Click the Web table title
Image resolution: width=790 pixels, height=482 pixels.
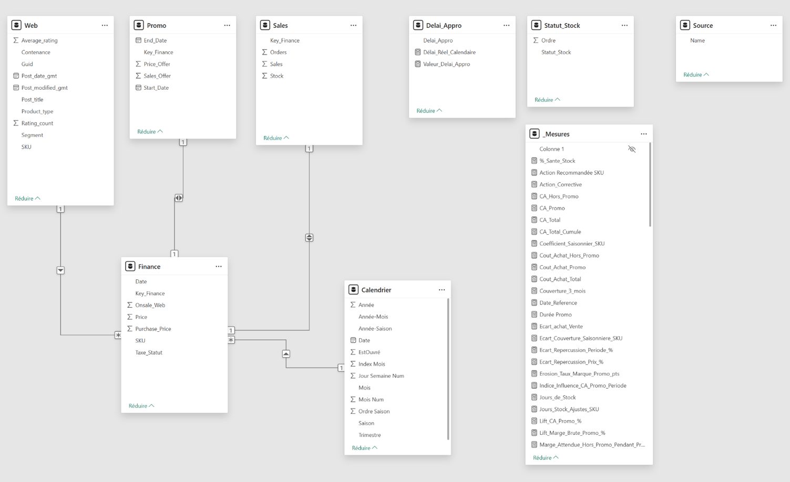31,25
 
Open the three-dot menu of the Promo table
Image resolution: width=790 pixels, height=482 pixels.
227,25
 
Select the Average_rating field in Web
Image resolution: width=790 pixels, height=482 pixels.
39,40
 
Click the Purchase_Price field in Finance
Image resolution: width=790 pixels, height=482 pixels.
153,329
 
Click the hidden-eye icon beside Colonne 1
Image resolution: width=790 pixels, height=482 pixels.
632,149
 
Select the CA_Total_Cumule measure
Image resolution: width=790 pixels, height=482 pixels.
560,232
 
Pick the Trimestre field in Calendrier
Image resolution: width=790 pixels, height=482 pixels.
370,435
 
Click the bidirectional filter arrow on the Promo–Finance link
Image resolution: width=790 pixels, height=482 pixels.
179,198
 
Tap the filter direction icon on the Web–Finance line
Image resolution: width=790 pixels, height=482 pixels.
60,270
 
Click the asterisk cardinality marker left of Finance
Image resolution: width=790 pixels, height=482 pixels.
118,335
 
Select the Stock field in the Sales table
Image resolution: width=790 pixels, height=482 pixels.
276,76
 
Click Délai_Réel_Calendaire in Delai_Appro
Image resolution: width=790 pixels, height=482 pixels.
449,52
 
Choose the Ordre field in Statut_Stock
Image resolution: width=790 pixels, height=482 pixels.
548,40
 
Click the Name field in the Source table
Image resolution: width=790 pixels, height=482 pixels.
697,40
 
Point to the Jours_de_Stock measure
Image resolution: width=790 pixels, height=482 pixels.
557,397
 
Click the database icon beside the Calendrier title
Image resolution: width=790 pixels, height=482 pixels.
353,290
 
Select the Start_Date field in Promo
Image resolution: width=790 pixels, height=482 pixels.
156,88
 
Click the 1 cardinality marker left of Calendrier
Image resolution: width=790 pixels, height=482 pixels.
341,368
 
